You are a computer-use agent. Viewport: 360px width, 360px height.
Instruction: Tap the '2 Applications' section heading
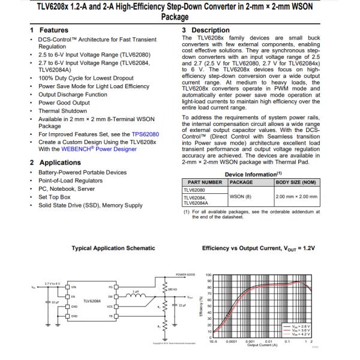pos(55,163)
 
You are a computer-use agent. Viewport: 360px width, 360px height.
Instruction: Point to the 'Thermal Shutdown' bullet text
pos(62,111)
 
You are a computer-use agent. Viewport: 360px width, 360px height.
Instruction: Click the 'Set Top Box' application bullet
pos(55,197)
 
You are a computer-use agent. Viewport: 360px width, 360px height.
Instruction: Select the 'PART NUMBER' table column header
pos(205,182)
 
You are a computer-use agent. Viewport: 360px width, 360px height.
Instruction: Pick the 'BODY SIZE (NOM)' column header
pos(296,182)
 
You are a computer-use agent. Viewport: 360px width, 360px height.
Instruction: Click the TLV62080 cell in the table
pos(195,190)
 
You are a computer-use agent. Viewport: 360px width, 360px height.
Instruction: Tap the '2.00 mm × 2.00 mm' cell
pos(296,196)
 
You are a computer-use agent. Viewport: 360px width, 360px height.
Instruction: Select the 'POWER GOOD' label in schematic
pos(185,274)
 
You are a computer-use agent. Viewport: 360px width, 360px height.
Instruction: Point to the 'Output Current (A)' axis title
pos(262,344)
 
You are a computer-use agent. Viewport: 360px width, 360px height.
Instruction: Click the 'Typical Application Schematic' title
pos(113,248)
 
